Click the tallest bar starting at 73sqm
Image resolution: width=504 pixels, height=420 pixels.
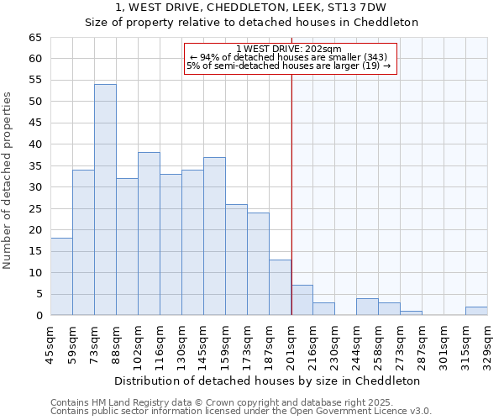tap(105, 200)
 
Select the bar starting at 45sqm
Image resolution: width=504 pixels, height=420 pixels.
tap(61, 276)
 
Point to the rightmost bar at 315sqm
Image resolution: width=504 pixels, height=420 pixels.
tap(476, 311)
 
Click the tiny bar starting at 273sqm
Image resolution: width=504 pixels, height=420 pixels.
tap(411, 312)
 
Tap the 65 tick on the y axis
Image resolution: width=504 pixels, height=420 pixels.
tap(34, 38)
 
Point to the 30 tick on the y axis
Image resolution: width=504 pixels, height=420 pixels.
tap(34, 187)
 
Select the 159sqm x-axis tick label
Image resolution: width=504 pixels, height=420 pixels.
tap(225, 344)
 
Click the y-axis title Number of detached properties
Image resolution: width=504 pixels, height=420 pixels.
tap(8, 181)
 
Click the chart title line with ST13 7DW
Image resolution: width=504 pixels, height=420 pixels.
tap(250, 8)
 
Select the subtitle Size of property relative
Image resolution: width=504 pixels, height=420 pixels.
tap(251, 23)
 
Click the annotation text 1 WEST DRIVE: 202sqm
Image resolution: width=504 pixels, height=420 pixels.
tap(289, 49)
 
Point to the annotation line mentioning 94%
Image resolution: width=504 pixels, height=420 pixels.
tap(289, 57)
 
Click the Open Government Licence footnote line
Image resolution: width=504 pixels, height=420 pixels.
tap(241, 411)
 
